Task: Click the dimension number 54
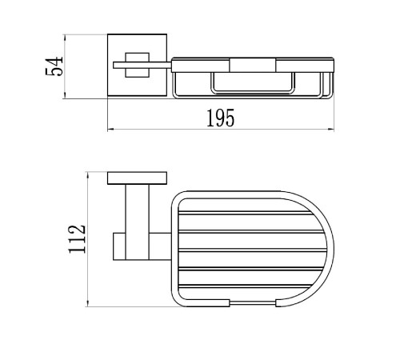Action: (x=54, y=66)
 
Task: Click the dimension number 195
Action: (x=221, y=118)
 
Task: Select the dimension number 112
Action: (x=78, y=239)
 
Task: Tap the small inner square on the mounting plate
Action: (x=138, y=65)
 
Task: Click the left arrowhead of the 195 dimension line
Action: (x=110, y=130)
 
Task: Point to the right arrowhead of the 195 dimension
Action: (x=331, y=130)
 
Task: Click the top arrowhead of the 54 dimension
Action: (x=64, y=38)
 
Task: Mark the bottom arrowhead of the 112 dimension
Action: (x=87, y=303)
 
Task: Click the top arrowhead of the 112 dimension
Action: (x=87, y=175)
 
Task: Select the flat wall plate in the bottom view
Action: (x=137, y=178)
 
